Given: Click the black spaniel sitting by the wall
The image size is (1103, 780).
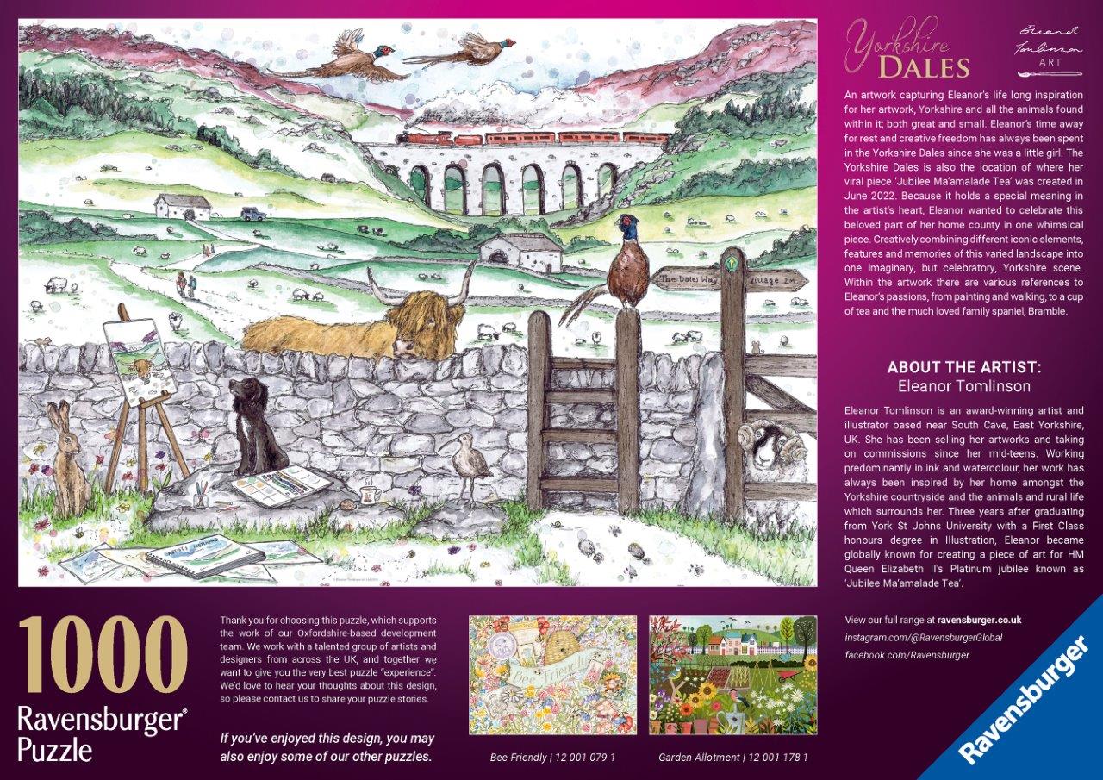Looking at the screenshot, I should (x=256, y=427).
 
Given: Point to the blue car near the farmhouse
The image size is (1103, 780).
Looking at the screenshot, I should (x=251, y=213).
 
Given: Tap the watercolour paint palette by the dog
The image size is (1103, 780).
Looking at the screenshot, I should (x=281, y=482).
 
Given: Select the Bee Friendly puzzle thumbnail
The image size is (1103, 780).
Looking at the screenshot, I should (x=552, y=674).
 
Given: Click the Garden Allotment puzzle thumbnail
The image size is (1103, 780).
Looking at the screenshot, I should (x=732, y=674).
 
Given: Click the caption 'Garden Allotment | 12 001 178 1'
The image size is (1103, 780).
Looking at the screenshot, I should (x=732, y=758).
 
